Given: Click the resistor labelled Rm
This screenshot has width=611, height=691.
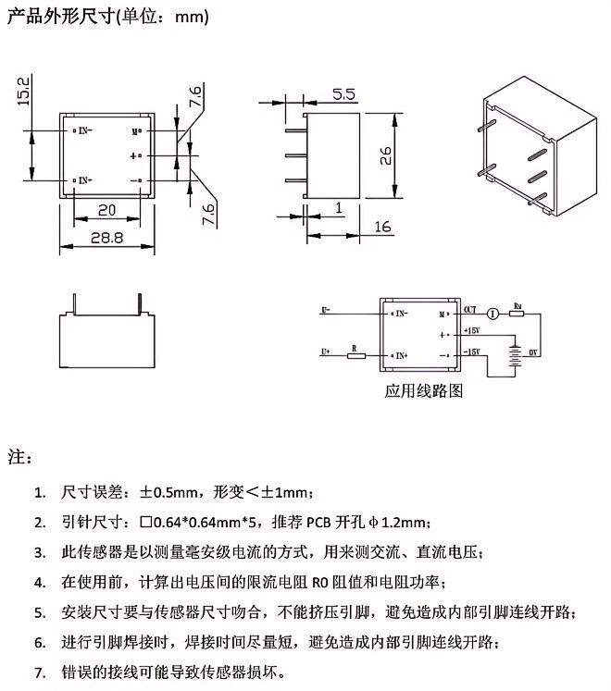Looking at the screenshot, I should point(517,314).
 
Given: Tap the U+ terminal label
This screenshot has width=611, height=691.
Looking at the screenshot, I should point(326,352).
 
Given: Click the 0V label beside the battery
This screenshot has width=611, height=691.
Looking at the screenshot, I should point(532,352).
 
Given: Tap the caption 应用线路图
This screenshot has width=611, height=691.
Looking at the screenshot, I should point(422,390).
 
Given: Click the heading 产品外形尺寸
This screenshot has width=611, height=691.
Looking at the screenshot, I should point(59,17).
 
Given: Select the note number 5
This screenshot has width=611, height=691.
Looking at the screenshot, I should point(39,612).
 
